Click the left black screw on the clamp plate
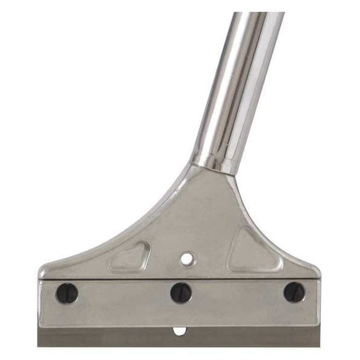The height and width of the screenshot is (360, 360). click(x=67, y=293)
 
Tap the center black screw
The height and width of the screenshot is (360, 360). click(x=181, y=293)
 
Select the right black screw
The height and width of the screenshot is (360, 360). click(x=294, y=292)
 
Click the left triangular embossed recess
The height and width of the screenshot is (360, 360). click(x=130, y=256)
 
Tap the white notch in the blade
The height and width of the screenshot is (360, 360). click(x=179, y=331)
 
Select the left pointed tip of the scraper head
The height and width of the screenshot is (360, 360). click(x=41, y=270)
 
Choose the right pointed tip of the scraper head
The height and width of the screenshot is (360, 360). click(x=317, y=270)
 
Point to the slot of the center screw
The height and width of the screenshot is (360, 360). click(x=181, y=293)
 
